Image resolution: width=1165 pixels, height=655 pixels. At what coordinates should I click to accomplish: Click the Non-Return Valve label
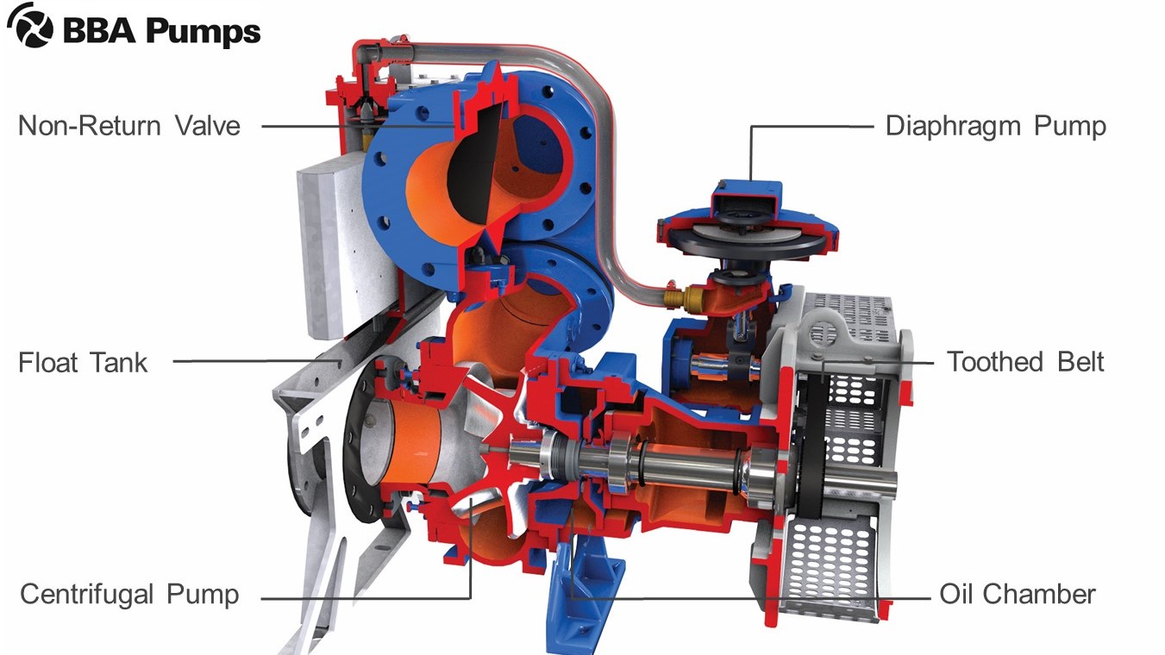pos(129,126)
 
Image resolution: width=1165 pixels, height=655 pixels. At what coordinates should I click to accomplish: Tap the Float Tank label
pos(83,362)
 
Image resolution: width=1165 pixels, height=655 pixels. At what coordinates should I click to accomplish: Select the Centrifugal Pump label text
pos(129,594)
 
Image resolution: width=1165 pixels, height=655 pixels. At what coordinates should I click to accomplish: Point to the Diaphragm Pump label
pos(995,127)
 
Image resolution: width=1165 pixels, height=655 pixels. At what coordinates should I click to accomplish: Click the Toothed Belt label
pos(1025,362)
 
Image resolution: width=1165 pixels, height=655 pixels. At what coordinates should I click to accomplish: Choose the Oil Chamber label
pos(1018,594)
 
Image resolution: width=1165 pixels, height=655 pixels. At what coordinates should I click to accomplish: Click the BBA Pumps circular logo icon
pos(30,25)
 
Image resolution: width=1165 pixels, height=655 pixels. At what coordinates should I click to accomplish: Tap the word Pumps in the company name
pos(203,31)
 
